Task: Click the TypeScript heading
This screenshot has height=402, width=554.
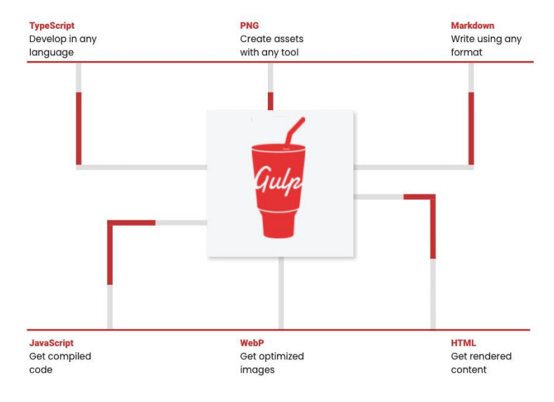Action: (x=51, y=26)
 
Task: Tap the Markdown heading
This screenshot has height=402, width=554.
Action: (x=472, y=26)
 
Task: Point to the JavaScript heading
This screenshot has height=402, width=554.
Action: (x=51, y=343)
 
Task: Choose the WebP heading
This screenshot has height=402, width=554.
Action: (x=252, y=343)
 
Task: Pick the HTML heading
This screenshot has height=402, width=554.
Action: (x=464, y=343)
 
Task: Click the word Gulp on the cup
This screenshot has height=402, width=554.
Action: (x=278, y=180)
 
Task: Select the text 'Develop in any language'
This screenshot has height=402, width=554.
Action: (x=62, y=46)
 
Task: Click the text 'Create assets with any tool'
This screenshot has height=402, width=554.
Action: (x=271, y=46)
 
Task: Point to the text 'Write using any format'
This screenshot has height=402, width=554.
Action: (x=486, y=46)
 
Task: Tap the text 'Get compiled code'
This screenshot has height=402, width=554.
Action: (x=60, y=363)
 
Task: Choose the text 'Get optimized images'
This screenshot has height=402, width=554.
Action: (x=271, y=363)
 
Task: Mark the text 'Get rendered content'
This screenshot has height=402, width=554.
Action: (x=481, y=363)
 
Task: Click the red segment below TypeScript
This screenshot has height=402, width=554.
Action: (x=79, y=128)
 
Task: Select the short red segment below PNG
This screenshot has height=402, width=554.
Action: (x=270, y=100)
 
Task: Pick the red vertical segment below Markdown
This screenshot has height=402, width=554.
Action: (x=471, y=128)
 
